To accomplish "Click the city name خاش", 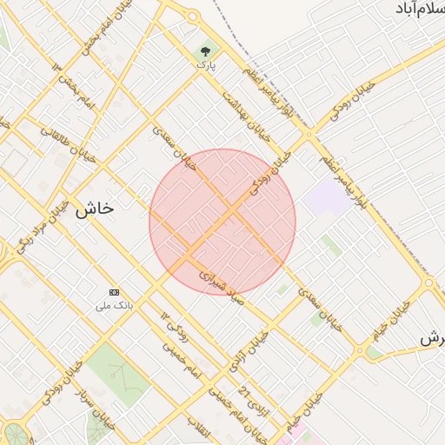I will click(95, 209).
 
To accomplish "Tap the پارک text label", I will click(205, 64).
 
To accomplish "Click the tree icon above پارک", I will click(205, 50).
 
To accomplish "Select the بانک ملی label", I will click(115, 306).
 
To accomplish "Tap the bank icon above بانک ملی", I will click(115, 292).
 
